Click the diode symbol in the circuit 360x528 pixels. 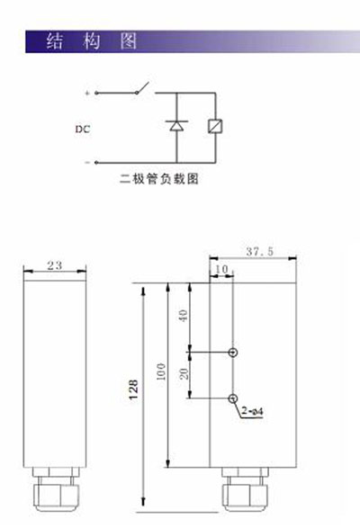pyautogui.click(x=176, y=126)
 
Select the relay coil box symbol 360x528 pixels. pyautogui.click(x=215, y=126)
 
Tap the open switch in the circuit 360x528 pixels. pyautogui.click(x=142, y=88)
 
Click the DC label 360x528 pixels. pyautogui.click(x=83, y=129)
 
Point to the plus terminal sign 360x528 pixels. pyautogui.click(x=87, y=93)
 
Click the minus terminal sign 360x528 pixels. pyautogui.click(x=87, y=162)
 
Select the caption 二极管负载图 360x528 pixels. pyautogui.click(x=159, y=179)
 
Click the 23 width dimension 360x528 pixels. pyautogui.click(x=55, y=265)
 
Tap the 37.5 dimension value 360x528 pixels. pyautogui.click(x=259, y=252)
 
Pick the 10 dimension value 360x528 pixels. pyautogui.click(x=221, y=269)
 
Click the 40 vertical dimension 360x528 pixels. pyautogui.click(x=183, y=316)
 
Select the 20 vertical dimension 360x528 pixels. pyautogui.click(x=184, y=374)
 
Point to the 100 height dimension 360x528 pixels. pyautogui.click(x=161, y=371)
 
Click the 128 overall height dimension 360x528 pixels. pyautogui.click(x=133, y=389)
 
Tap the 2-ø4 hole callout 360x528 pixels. pyautogui.click(x=253, y=411)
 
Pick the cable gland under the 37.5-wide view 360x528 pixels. pyautogui.click(x=245, y=489)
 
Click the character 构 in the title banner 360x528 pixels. pyautogui.click(x=91, y=41)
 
